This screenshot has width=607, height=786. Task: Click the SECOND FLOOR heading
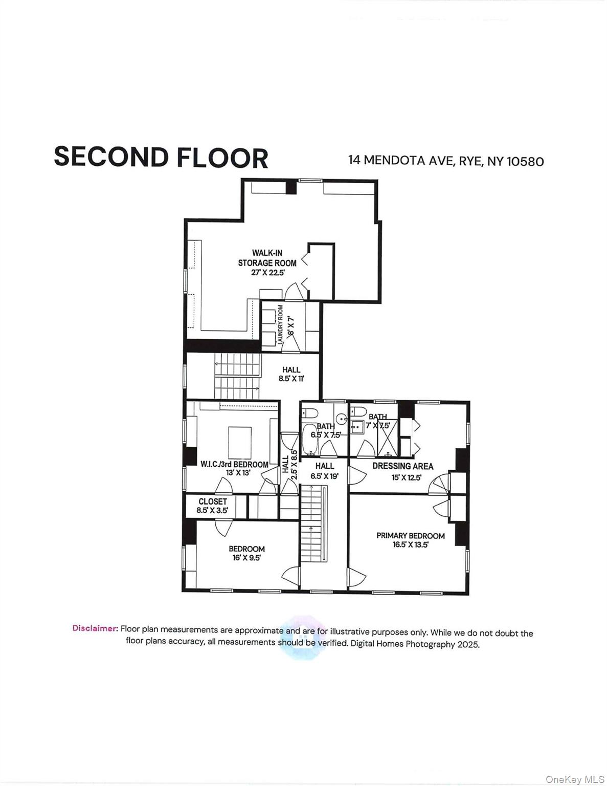[161, 157]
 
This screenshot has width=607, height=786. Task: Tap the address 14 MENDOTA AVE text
[401, 160]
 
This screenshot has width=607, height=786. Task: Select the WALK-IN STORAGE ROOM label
[267, 258]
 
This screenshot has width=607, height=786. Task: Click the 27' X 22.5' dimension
[267, 273]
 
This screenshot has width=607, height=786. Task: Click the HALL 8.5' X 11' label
[291, 374]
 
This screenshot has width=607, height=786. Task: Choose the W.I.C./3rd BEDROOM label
[234, 464]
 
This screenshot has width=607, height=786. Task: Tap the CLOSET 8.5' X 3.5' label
[212, 506]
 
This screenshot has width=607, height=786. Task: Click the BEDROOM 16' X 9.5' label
[246, 553]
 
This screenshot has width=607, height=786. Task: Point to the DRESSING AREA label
[402, 466]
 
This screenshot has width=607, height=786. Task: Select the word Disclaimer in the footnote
[95, 628]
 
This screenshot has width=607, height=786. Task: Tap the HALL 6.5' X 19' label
[324, 470]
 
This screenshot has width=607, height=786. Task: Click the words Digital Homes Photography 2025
[415, 644]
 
